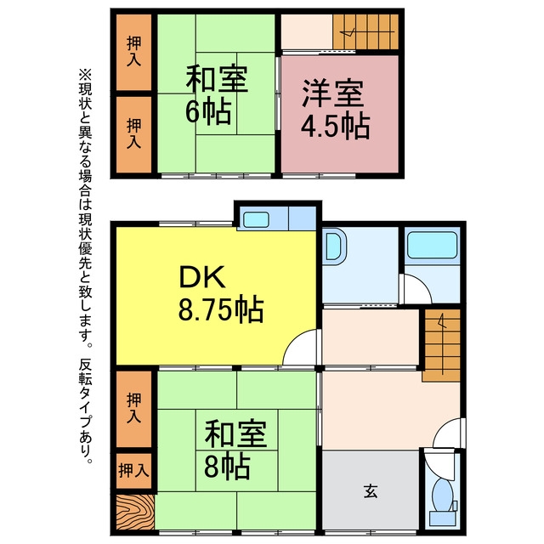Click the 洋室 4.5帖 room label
335,110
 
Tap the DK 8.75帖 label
221,294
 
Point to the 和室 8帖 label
235,450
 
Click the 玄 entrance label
371,491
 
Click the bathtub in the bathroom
433,245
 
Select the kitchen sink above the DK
256,219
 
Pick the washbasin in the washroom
334,246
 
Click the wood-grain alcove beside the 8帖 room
135,513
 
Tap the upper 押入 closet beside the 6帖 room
133,52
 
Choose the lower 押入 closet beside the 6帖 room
133,134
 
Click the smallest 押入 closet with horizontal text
133,470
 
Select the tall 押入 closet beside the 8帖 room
133,409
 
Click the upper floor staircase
365,32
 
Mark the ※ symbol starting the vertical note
85,76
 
